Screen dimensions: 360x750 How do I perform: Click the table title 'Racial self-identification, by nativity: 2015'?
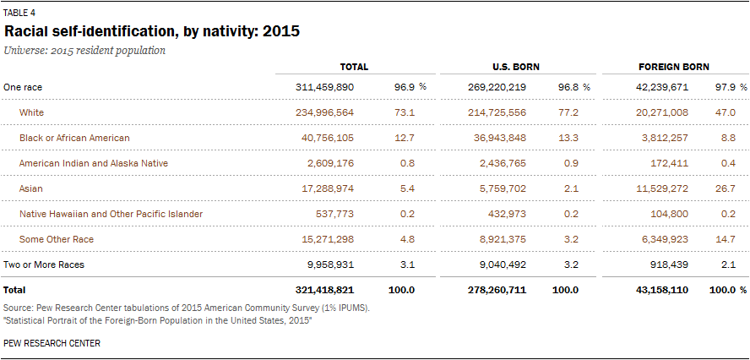tap(152, 32)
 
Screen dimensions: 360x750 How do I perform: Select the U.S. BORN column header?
tap(516, 67)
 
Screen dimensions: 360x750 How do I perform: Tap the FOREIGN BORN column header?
tap(673, 67)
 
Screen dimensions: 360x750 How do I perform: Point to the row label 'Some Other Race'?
tap(56, 239)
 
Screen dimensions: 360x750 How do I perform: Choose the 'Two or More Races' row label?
tap(44, 265)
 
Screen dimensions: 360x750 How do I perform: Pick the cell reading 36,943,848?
tap(497, 138)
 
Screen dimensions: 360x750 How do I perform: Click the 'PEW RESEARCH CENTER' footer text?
tap(52, 343)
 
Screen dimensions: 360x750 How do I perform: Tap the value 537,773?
tap(332, 214)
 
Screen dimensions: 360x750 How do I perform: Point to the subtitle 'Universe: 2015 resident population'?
tap(84, 50)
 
